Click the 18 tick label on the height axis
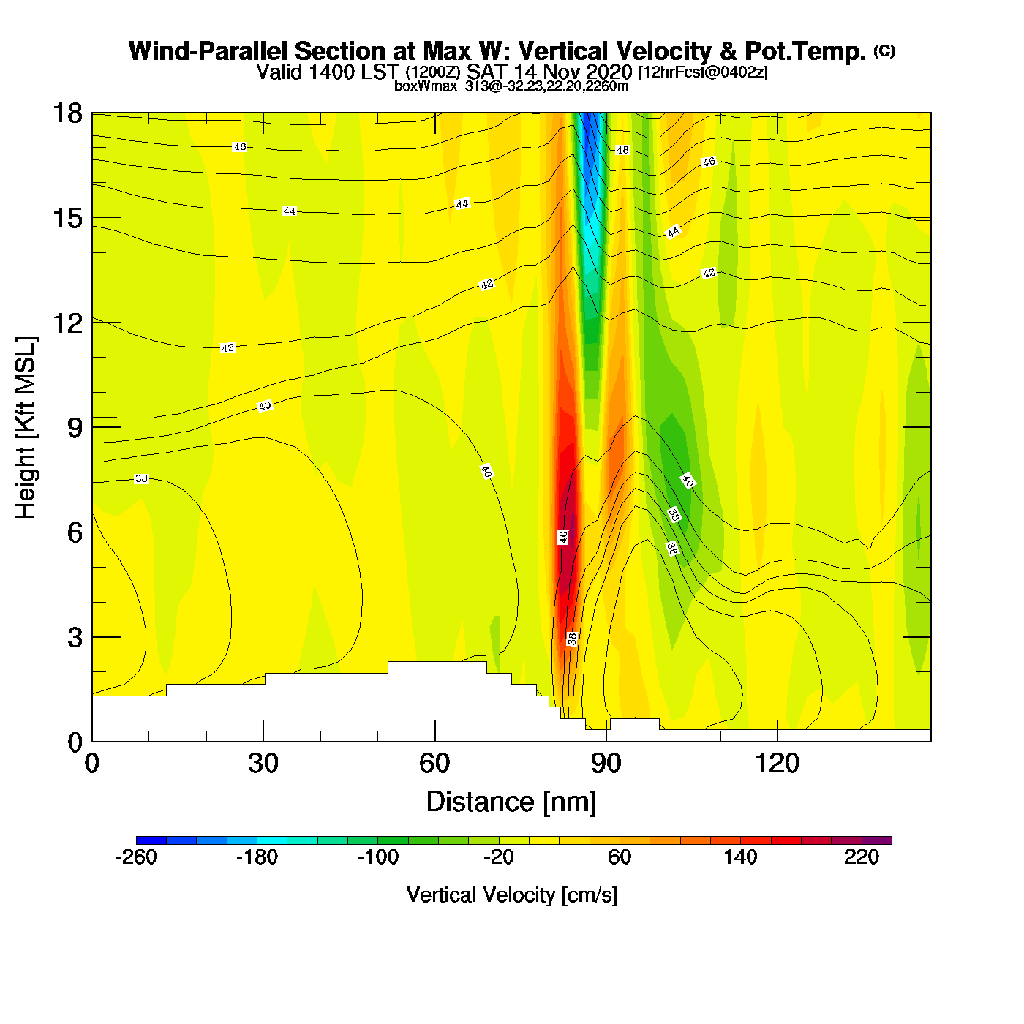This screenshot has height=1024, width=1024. (67, 113)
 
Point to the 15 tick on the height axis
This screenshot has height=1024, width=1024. (67, 218)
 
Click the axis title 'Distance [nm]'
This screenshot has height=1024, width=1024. (511, 802)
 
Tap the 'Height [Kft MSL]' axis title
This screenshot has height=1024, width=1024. (26, 428)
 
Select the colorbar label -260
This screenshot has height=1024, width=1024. (136, 857)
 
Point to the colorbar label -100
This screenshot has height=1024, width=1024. (377, 857)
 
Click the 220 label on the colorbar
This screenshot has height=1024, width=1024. (862, 857)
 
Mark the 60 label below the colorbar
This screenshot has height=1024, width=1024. (620, 857)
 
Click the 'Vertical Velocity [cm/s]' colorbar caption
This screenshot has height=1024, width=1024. (512, 895)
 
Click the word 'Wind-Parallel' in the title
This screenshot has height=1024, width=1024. (208, 51)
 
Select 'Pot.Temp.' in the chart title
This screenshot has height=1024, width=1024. (805, 51)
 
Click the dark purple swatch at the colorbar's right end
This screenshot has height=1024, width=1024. (877, 840)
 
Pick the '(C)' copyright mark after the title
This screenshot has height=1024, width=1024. (884, 50)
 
